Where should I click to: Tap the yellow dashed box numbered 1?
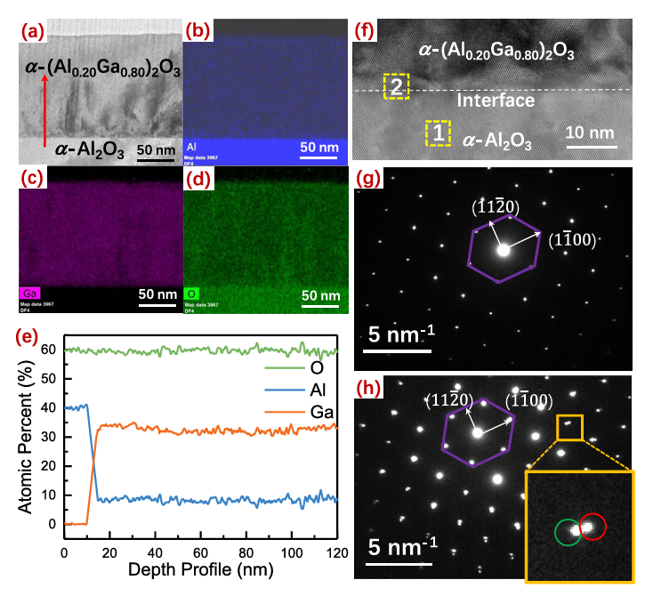point(437,133)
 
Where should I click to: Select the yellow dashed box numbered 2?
point(396,86)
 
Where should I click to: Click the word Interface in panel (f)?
point(496,101)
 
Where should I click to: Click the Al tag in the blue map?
point(191,146)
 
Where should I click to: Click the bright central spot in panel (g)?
point(504,251)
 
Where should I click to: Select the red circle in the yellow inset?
point(593,527)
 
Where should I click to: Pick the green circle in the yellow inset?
point(568,532)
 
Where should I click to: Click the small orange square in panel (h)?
point(569,427)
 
